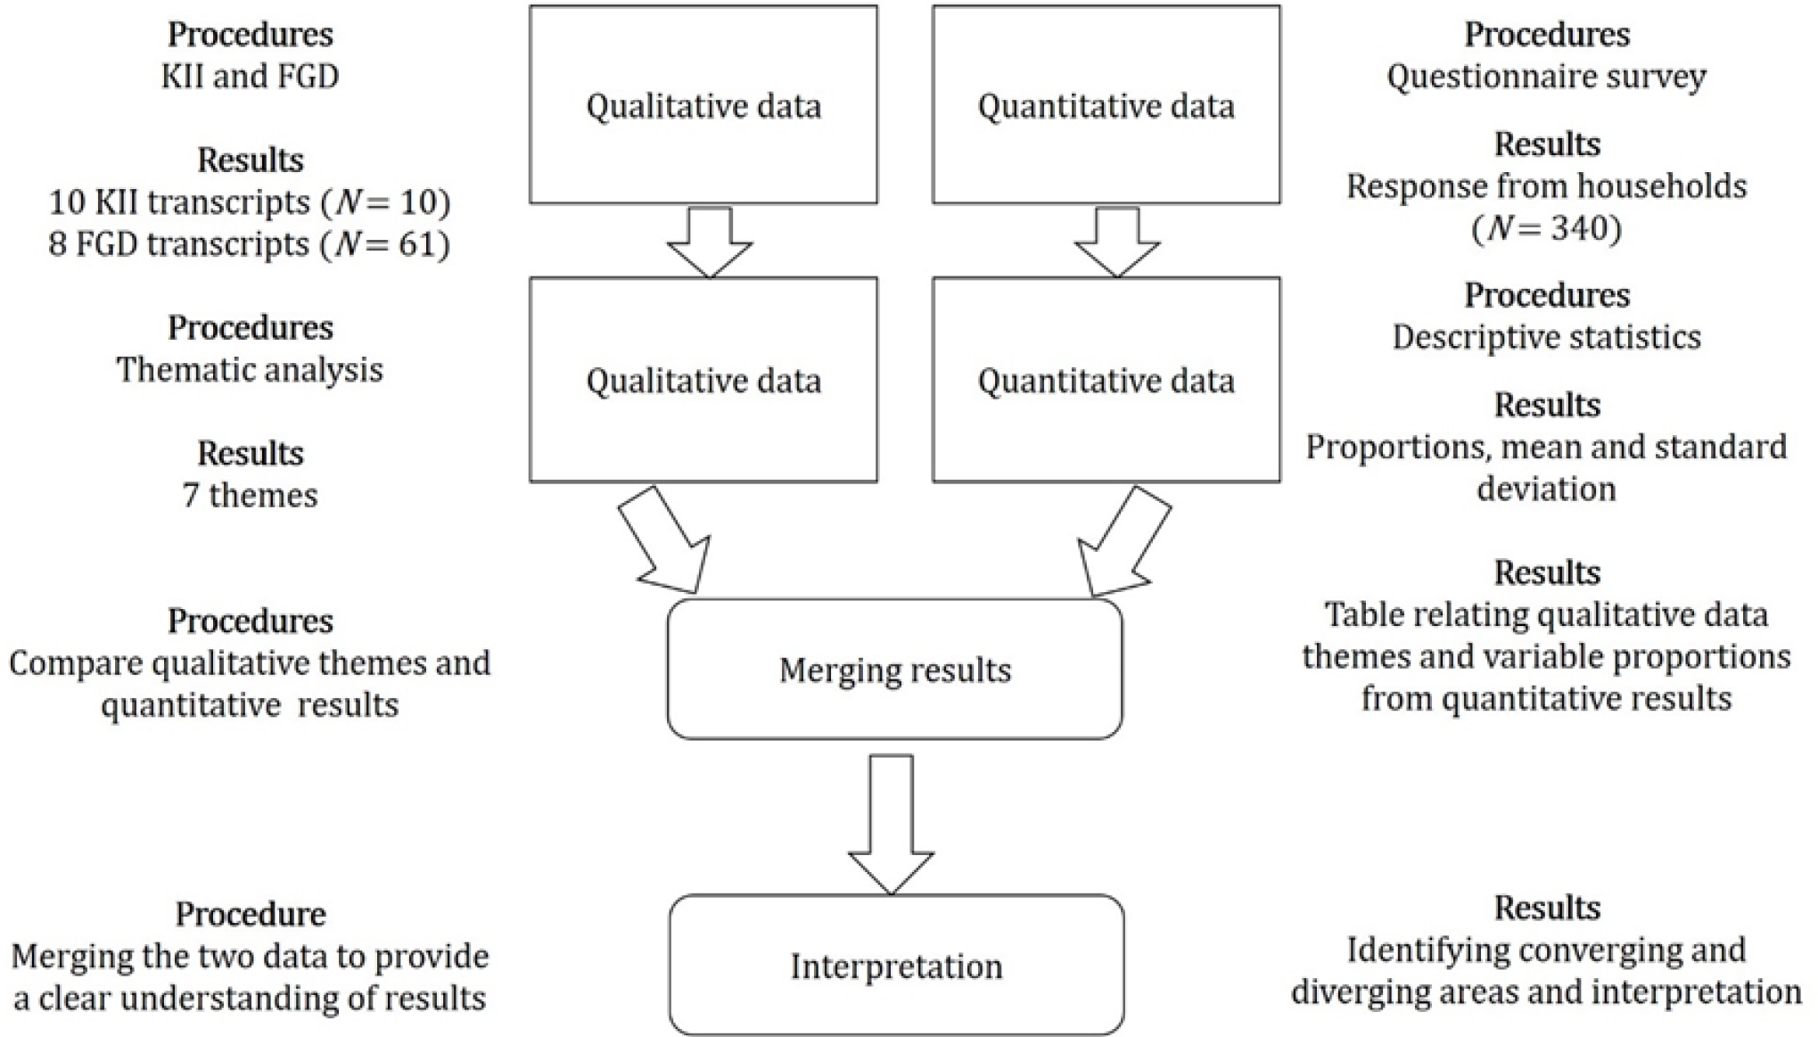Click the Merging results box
pos(894,670)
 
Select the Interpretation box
pos(896,966)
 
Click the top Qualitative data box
pos(703,105)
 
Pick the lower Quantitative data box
pos(1106,381)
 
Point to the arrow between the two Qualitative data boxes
pos(710,241)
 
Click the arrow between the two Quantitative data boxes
pos(1117,241)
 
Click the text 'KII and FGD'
pos(250,77)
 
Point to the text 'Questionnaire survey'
pos(1546,77)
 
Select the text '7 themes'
pos(250,495)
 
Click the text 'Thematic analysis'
pos(250,369)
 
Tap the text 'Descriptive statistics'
pos(1546,337)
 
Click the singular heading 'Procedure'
pos(250,914)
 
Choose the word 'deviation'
pos(1546,489)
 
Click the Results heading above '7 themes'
pos(250,453)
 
